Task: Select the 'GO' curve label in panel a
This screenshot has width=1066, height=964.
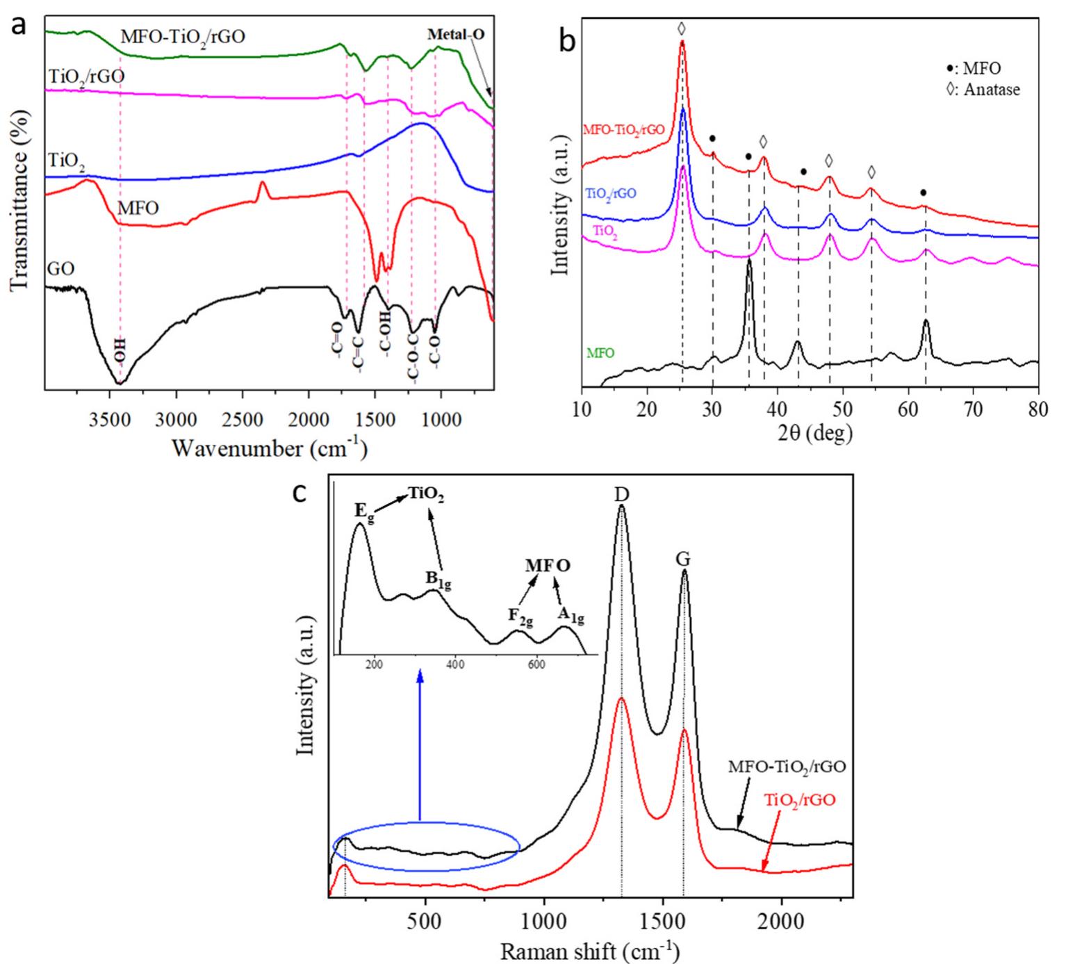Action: pyautogui.click(x=61, y=268)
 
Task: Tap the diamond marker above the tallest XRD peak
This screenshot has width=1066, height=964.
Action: pyautogui.click(x=682, y=28)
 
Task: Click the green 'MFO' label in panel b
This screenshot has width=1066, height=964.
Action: pyautogui.click(x=600, y=353)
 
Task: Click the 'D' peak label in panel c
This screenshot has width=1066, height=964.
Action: pyautogui.click(x=621, y=494)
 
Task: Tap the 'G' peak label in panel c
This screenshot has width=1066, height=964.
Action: pyautogui.click(x=684, y=559)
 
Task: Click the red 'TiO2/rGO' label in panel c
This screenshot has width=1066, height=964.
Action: pyautogui.click(x=800, y=800)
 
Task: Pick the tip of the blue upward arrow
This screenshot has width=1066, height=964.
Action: pyautogui.click(x=420, y=672)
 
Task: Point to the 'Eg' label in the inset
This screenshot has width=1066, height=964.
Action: pyautogui.click(x=363, y=511)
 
